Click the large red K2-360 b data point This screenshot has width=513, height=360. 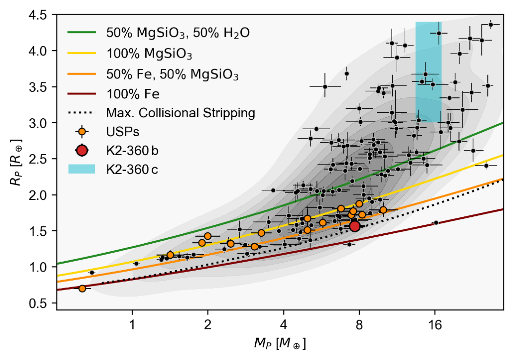(355, 226)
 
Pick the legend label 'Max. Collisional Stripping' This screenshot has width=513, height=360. (181, 113)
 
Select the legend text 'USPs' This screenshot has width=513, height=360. (122, 132)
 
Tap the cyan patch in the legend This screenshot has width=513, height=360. (82, 169)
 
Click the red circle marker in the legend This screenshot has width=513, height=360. (82, 150)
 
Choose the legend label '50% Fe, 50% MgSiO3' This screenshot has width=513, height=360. (172, 74)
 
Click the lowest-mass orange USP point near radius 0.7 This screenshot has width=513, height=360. (82, 288)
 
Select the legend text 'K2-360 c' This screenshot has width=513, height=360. (132, 169)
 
